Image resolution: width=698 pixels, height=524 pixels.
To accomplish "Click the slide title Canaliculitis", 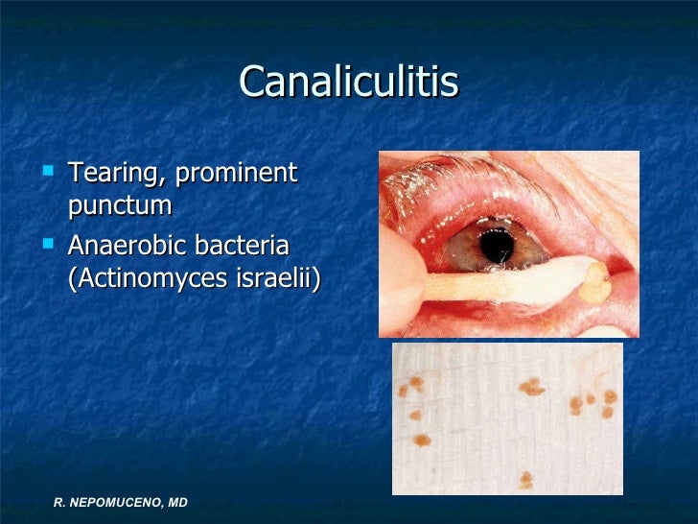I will [x=349, y=83].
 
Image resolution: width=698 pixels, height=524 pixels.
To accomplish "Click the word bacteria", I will [x=242, y=246].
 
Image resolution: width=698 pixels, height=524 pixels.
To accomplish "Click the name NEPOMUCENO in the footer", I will [x=115, y=503].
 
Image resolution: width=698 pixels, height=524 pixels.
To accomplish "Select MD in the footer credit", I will [x=176, y=503].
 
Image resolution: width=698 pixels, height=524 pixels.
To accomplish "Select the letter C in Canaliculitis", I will [x=252, y=83].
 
